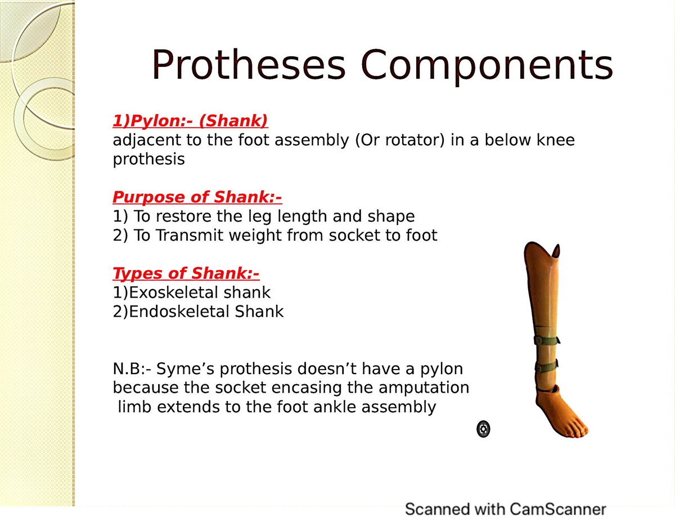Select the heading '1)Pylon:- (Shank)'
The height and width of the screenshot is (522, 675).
point(190,121)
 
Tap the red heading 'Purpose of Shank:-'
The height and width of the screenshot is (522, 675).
point(197,197)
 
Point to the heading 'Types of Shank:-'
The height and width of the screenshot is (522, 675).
point(186,273)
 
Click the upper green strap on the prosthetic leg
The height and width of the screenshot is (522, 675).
point(546,340)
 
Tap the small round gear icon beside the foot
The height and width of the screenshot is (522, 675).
point(483,429)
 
